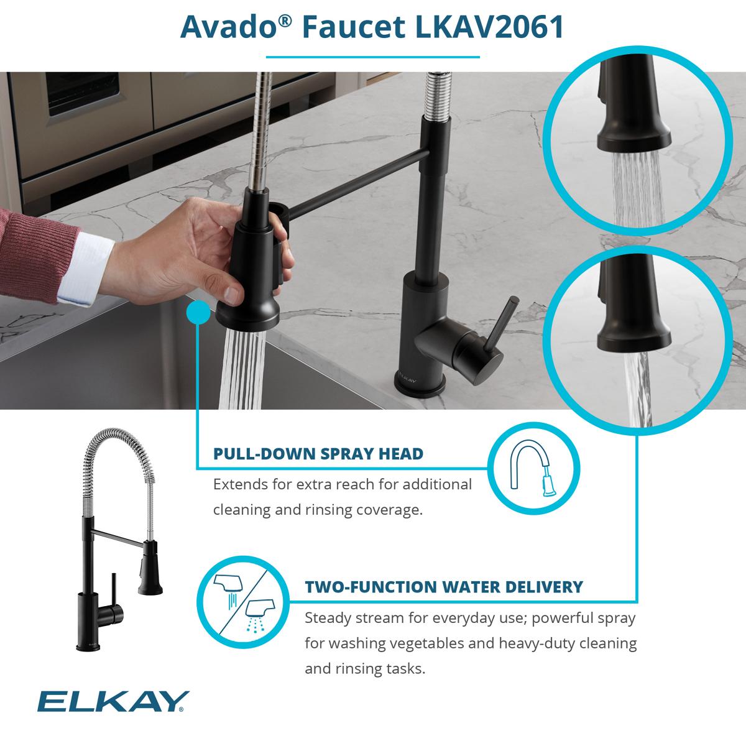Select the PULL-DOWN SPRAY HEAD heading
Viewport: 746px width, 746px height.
pyautogui.click(x=318, y=454)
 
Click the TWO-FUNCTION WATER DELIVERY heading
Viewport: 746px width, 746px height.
pyautogui.click(x=444, y=586)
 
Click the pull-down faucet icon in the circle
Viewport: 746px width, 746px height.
pyautogui.click(x=533, y=468)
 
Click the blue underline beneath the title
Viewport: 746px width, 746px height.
pyautogui.click(x=372, y=57)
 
